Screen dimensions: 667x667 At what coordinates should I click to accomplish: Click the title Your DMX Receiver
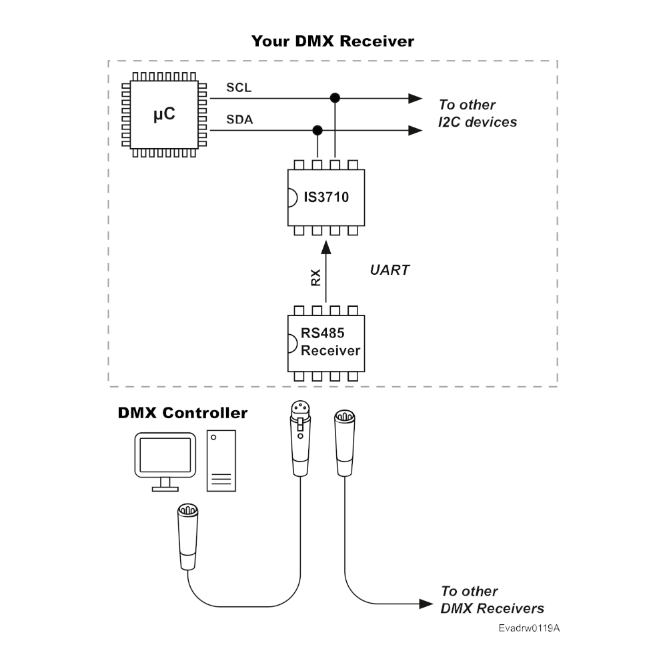coord(333,41)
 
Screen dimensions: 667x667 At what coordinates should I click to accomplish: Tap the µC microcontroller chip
coord(164,114)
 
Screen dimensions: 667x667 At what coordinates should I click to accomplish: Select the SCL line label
coord(239,88)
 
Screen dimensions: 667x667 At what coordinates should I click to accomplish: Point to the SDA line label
coord(239,120)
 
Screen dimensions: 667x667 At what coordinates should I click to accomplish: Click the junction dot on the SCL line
coord(336,99)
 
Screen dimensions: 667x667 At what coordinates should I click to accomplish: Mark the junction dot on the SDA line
coord(318,130)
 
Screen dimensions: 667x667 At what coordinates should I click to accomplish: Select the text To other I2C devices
coord(477,113)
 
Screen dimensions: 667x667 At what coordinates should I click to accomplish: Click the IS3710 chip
coord(326,197)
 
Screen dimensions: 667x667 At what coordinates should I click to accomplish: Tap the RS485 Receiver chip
coord(326,343)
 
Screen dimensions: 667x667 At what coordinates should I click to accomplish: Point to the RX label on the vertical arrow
coord(316,277)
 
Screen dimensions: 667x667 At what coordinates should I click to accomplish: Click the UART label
coord(389,271)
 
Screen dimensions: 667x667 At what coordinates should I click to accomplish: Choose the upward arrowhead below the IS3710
coord(326,247)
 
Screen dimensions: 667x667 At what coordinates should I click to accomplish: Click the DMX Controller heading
coord(182,413)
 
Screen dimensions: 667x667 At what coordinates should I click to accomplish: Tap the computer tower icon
coord(221,461)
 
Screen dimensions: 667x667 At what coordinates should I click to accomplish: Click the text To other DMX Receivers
coord(492,600)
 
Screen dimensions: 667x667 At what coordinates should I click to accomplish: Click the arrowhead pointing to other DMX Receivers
coord(427,604)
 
